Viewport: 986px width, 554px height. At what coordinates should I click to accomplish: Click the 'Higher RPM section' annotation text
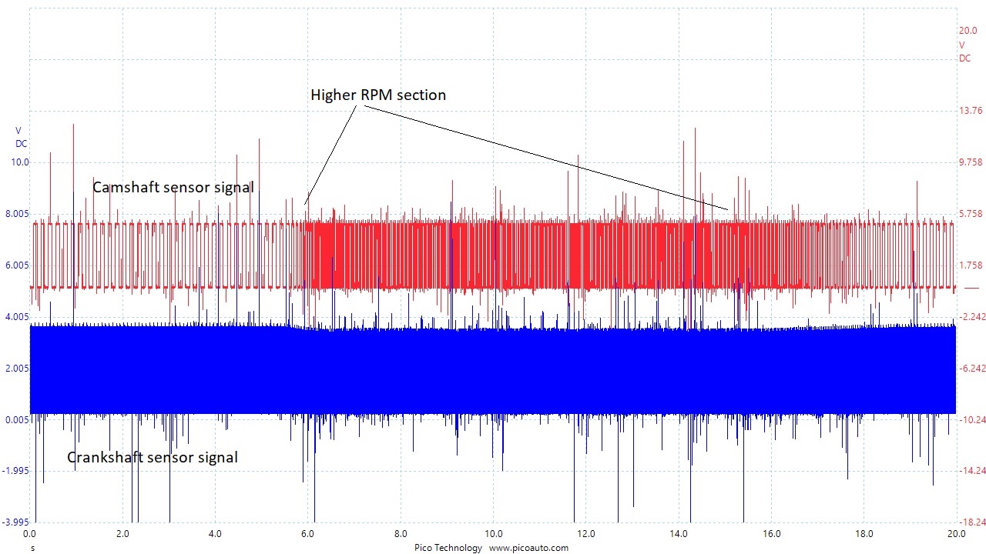pos(378,95)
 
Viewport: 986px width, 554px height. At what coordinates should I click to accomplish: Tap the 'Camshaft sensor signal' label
pos(173,187)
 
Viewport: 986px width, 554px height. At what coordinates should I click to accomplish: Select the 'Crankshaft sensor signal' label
pos(152,458)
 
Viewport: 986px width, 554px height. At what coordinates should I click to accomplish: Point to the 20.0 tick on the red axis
pos(968,32)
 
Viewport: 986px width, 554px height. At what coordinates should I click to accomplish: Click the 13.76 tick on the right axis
pos(970,111)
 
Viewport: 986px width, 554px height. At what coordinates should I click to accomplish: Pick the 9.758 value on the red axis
pos(970,162)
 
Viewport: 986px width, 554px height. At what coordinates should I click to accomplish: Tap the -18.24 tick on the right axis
pos(970,522)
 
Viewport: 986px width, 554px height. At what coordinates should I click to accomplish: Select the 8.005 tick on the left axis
pos(17,214)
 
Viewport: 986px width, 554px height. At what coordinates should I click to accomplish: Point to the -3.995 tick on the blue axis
pos(16,522)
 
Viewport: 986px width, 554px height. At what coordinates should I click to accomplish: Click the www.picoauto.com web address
pos(528,548)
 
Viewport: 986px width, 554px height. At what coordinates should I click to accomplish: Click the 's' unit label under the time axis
pos(32,548)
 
